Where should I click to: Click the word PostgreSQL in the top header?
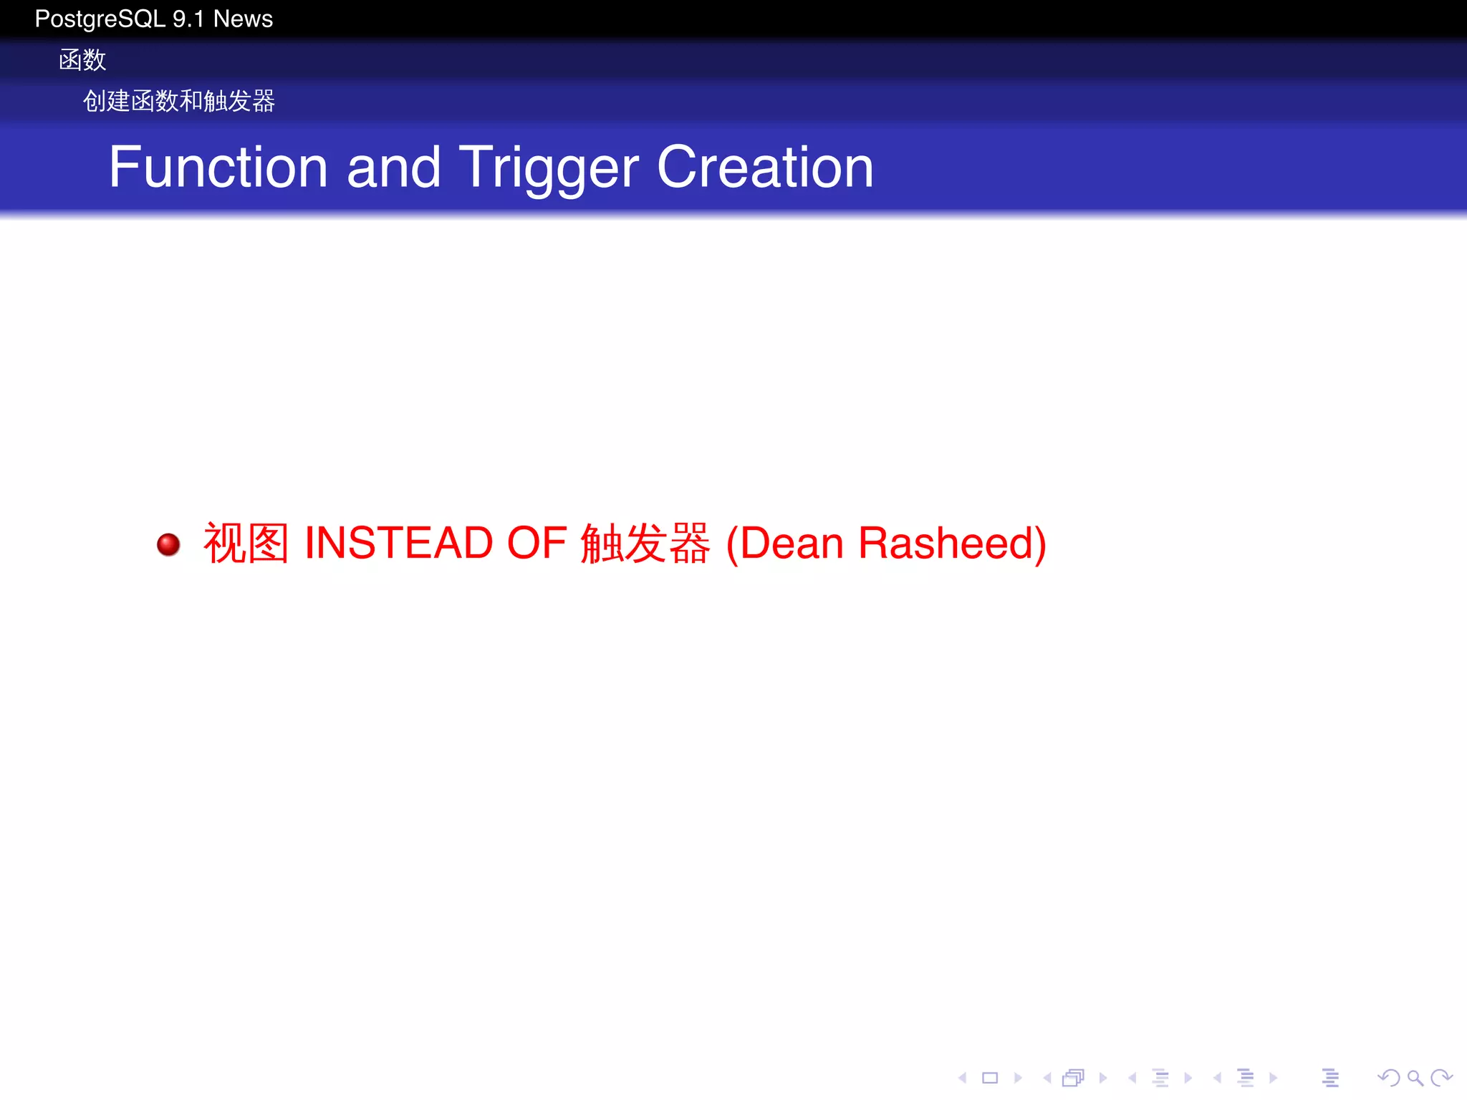(100, 19)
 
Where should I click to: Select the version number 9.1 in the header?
(188, 19)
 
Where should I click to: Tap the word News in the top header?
(243, 19)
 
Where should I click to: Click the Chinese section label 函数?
(82, 60)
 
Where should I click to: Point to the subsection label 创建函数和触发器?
(178, 101)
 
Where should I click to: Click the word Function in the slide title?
(218, 167)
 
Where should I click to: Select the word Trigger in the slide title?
(548, 168)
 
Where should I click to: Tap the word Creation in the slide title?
(765, 167)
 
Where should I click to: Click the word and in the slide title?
(393, 167)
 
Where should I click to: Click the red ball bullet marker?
(168, 544)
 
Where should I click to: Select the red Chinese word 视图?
(246, 543)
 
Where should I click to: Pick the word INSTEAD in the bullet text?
(399, 543)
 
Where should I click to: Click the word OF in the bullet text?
(537, 543)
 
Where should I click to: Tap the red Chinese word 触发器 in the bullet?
(645, 543)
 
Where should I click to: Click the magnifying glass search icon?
(1415, 1078)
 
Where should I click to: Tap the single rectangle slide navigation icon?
(990, 1078)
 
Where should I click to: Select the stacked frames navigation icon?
(1073, 1078)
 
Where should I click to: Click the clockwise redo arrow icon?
(1441, 1077)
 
